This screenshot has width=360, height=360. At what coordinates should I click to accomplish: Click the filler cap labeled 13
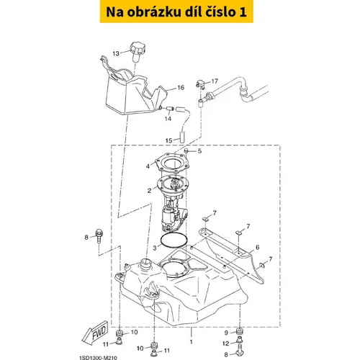138,52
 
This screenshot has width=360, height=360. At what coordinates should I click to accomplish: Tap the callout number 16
181,88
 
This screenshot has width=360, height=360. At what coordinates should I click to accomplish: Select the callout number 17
215,81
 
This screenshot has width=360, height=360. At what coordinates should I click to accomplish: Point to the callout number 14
168,119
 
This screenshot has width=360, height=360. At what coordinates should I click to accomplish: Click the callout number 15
169,140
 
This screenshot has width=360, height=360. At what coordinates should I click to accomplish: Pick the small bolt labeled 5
186,151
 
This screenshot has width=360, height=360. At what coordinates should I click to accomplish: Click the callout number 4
148,166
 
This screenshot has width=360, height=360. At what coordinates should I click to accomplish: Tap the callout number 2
150,191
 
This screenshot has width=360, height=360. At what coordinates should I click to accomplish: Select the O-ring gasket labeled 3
174,240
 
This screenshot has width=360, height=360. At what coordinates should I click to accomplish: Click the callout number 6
258,247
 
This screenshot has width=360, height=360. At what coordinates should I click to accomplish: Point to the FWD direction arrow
95,333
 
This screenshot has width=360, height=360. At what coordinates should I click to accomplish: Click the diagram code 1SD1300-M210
98,358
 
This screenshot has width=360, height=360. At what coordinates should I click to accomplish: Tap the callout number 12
226,343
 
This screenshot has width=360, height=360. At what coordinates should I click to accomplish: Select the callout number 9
226,333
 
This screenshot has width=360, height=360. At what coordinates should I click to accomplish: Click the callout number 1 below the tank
192,342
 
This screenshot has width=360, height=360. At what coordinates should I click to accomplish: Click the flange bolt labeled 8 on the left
99,236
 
